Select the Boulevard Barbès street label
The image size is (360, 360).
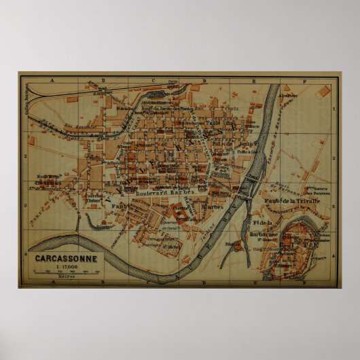pos(164,193)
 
